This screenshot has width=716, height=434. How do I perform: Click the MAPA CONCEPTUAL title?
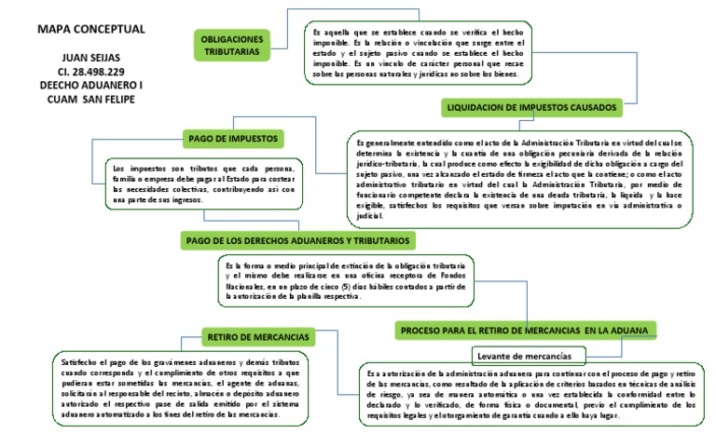(78, 29)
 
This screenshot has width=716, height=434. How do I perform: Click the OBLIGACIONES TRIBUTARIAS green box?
(233, 44)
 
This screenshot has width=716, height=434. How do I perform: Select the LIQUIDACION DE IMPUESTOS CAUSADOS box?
(532, 108)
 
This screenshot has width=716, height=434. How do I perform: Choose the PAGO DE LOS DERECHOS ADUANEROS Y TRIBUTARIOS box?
(298, 240)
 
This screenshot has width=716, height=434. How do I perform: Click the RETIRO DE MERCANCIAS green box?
(258, 334)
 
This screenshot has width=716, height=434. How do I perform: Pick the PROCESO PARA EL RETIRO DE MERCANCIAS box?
(527, 330)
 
